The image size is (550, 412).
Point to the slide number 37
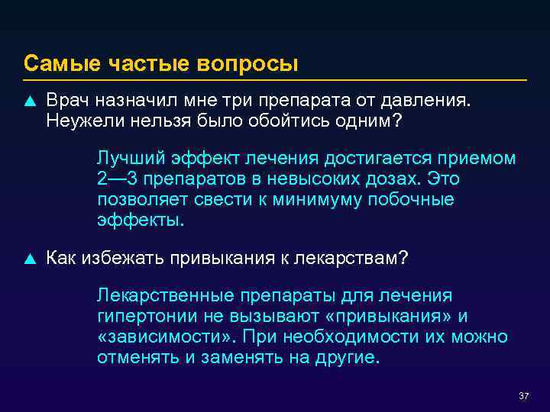click(x=523, y=397)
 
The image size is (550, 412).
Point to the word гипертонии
click(x=141, y=317)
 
